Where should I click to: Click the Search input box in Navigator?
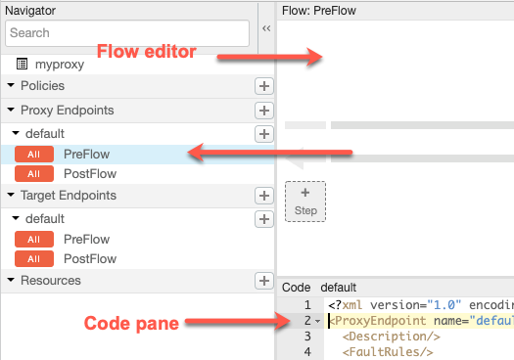pyautogui.click(x=127, y=33)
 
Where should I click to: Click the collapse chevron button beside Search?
pyautogui.click(x=266, y=28)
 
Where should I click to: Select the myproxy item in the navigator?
pyautogui.click(x=60, y=65)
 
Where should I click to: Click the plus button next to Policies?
pyautogui.click(x=264, y=86)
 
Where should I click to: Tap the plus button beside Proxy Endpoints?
pyautogui.click(x=264, y=111)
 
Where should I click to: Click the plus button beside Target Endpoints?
pyautogui.click(x=264, y=196)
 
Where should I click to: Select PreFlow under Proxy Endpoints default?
pyautogui.click(x=86, y=155)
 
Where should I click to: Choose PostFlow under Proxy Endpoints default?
pyautogui.click(x=90, y=173)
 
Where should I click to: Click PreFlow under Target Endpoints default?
pyautogui.click(x=86, y=239)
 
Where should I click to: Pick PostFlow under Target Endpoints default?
pyautogui.click(x=90, y=259)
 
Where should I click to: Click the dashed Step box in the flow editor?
pyautogui.click(x=305, y=202)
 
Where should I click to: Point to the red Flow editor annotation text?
pyautogui.click(x=147, y=52)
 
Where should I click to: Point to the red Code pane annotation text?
pyautogui.click(x=131, y=323)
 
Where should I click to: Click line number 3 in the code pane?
pyautogui.click(x=307, y=337)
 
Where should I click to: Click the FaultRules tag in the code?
pyautogui.click(x=388, y=352)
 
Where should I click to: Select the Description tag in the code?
pyautogui.click(x=391, y=337)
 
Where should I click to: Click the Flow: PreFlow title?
pyautogui.click(x=319, y=11)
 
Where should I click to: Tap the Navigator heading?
pyautogui.click(x=30, y=11)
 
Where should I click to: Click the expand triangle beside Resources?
pyautogui.click(x=11, y=280)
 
